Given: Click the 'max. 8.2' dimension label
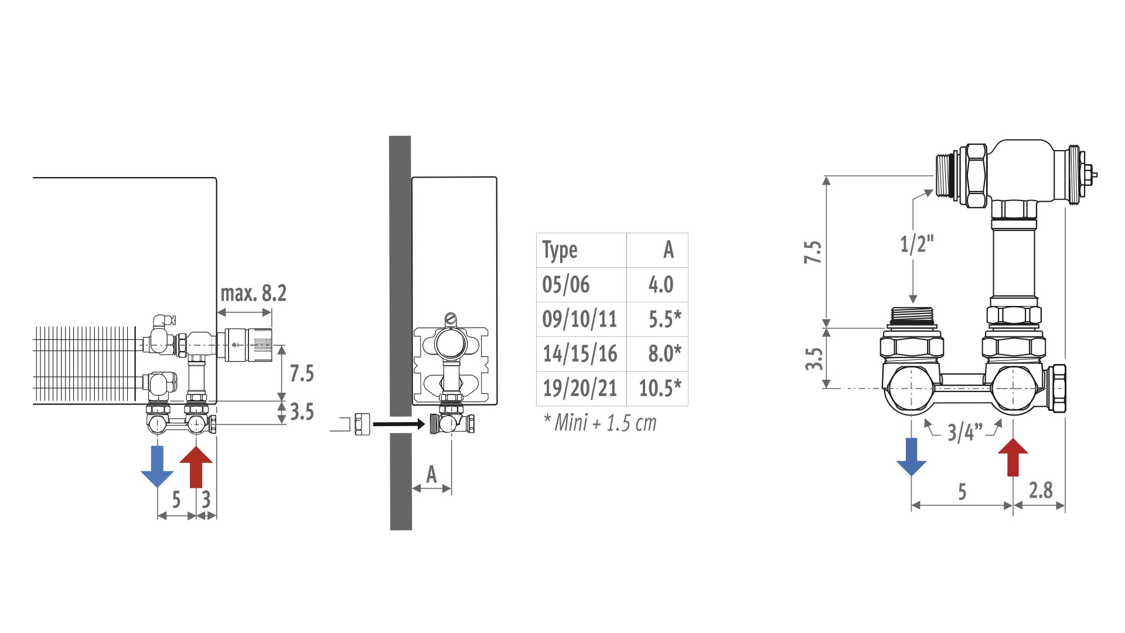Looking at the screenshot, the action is (254, 293).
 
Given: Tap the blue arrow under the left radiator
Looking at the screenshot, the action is (157, 467).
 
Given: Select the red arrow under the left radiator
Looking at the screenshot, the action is (196, 467).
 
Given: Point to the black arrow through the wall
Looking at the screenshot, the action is (398, 424).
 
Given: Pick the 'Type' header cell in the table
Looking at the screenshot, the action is (560, 250).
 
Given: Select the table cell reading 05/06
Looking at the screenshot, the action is (566, 284).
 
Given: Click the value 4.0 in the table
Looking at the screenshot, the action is (661, 284).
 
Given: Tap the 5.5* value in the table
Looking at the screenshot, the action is (665, 319).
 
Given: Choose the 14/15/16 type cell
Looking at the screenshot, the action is (580, 353).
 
